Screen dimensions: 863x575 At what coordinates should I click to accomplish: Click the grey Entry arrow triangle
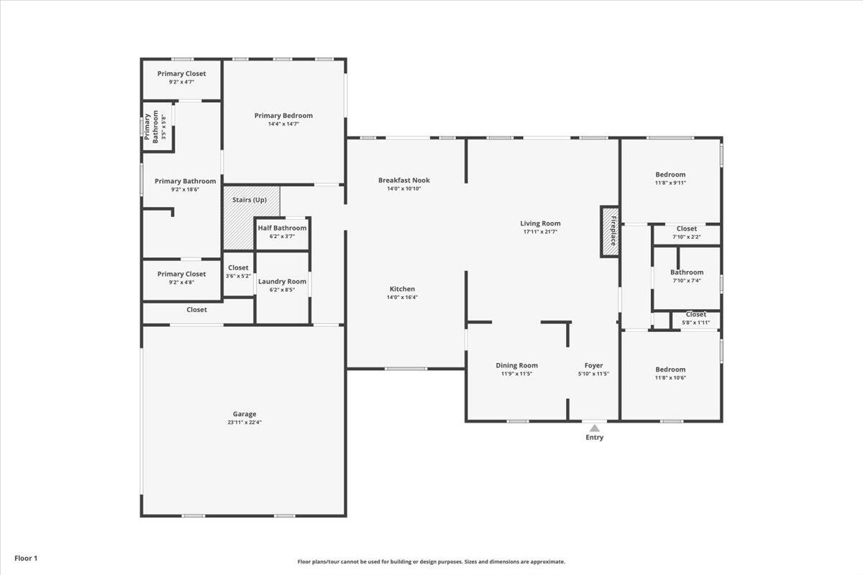[595, 428]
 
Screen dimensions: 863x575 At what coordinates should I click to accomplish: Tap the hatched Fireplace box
[610, 231]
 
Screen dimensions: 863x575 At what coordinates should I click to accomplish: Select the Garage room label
[245, 414]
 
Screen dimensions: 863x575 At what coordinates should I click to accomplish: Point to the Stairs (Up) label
[250, 200]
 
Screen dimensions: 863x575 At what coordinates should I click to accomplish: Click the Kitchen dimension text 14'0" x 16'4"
[402, 298]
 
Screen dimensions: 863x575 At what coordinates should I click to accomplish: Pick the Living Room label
[540, 224]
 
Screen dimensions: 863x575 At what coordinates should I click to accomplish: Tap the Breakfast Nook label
[403, 180]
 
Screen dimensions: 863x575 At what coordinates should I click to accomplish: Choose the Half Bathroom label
[283, 228]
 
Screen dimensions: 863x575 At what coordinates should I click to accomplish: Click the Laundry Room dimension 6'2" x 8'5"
[282, 290]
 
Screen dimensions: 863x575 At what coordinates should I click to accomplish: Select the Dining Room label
[516, 366]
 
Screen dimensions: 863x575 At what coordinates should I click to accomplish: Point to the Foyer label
[594, 366]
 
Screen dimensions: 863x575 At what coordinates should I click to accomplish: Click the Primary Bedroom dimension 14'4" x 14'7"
[283, 124]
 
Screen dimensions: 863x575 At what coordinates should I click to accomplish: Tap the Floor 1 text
[26, 558]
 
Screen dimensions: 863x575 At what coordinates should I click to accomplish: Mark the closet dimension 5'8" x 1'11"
[696, 323]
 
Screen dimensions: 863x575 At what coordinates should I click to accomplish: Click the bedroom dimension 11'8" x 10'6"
[670, 378]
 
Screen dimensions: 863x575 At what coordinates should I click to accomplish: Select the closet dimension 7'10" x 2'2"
[687, 237]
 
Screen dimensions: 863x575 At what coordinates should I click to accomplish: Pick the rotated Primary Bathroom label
[151, 126]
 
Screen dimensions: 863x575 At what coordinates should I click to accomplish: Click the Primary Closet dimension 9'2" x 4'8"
[181, 282]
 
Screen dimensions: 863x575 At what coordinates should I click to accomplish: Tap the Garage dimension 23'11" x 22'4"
[245, 422]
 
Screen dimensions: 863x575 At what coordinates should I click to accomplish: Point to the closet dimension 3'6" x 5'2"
[238, 276]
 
